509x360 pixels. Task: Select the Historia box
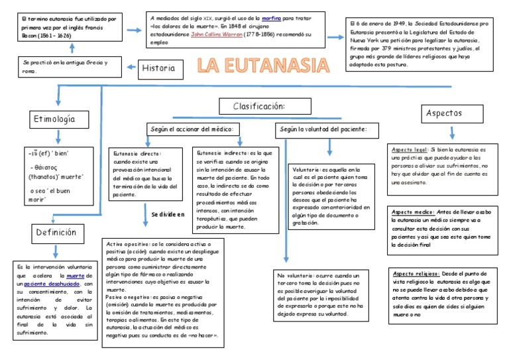pyautogui.click(x=159, y=68)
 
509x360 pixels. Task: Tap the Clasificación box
pyautogui.click(x=259, y=106)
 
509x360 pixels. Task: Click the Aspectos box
pyautogui.click(x=445, y=113)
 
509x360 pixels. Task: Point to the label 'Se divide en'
pyautogui.click(x=168, y=215)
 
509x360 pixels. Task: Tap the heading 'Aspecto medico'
pyautogui.click(x=412, y=212)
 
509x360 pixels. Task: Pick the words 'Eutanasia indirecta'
pyautogui.click(x=217, y=152)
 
